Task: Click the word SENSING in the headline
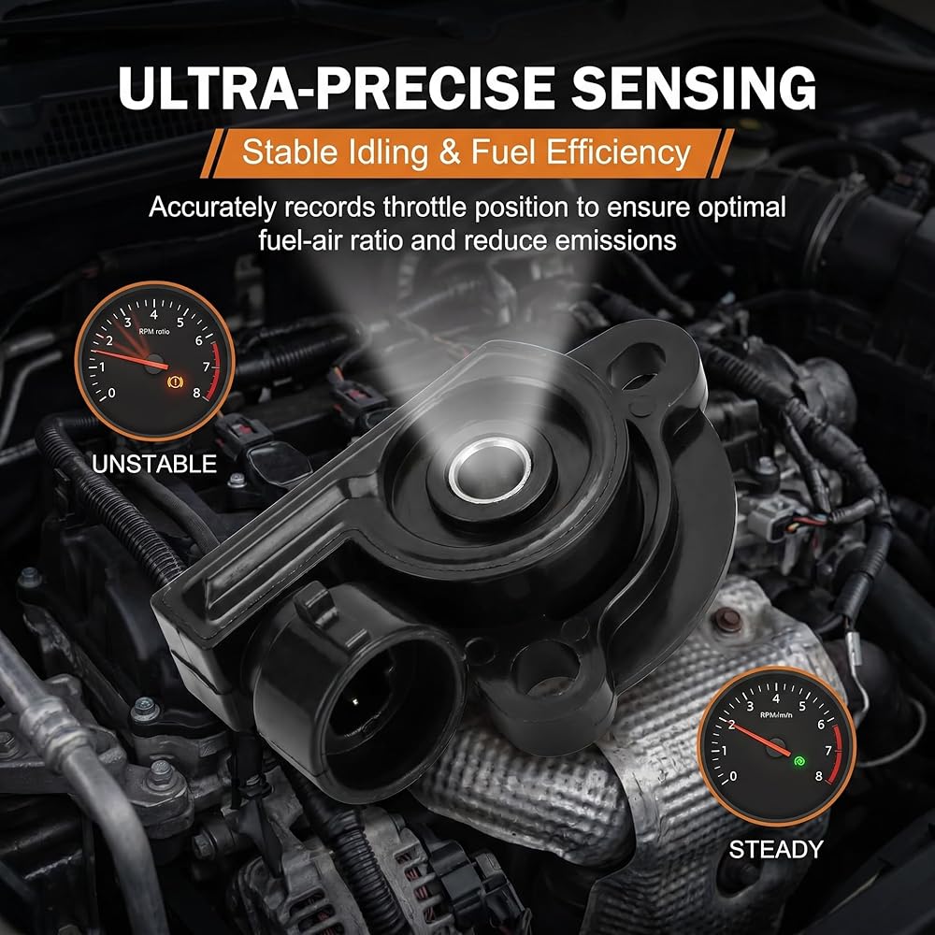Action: pyautogui.click(x=694, y=87)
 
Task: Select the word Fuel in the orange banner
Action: pyautogui.click(x=505, y=152)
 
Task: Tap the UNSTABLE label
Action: pyautogui.click(x=154, y=464)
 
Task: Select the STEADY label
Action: pyautogui.click(x=776, y=849)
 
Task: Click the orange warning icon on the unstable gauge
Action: pyautogui.click(x=177, y=381)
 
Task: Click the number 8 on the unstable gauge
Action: pyautogui.click(x=196, y=393)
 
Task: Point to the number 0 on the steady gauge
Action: pyautogui.click(x=733, y=776)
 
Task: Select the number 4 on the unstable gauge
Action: pyautogui.click(x=154, y=313)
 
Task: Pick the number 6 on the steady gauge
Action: pyautogui.click(x=821, y=725)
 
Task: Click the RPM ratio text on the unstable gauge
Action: pyautogui.click(x=154, y=332)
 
